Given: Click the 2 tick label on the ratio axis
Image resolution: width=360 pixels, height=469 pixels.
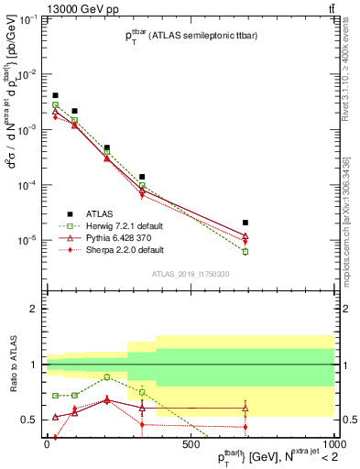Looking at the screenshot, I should [x=34, y=309].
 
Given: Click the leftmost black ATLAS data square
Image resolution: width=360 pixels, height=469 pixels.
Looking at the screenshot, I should [x=55, y=95].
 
